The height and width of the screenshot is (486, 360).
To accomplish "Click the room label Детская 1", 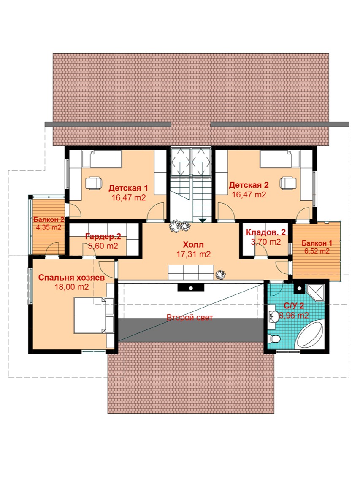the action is (x=128, y=188).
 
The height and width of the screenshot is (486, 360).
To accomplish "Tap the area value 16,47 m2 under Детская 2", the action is (x=249, y=194).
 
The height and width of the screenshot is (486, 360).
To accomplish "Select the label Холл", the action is (x=193, y=245).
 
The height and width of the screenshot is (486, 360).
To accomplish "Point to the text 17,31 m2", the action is (x=193, y=254).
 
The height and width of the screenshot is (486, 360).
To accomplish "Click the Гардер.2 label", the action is (x=103, y=237).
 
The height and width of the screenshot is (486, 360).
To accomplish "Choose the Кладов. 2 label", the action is (x=266, y=232).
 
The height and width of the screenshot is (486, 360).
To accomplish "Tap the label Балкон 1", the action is (x=317, y=243).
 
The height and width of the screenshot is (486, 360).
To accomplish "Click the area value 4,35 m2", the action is (x=49, y=227).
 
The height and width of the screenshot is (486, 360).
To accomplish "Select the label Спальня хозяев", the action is (x=71, y=278).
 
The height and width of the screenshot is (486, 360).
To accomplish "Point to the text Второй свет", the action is (x=190, y=317).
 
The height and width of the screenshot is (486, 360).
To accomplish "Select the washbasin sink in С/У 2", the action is (x=274, y=316).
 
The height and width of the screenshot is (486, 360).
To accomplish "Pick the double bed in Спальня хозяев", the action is (x=94, y=315).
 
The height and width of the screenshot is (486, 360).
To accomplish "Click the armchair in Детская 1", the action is (x=94, y=183).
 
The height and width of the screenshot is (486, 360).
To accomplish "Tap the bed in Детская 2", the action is (x=280, y=159).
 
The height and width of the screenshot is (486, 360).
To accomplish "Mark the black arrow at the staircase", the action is (x=203, y=220).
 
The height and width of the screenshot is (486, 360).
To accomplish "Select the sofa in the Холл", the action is (x=191, y=273).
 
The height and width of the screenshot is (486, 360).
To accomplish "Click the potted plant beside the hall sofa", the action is (x=220, y=274).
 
